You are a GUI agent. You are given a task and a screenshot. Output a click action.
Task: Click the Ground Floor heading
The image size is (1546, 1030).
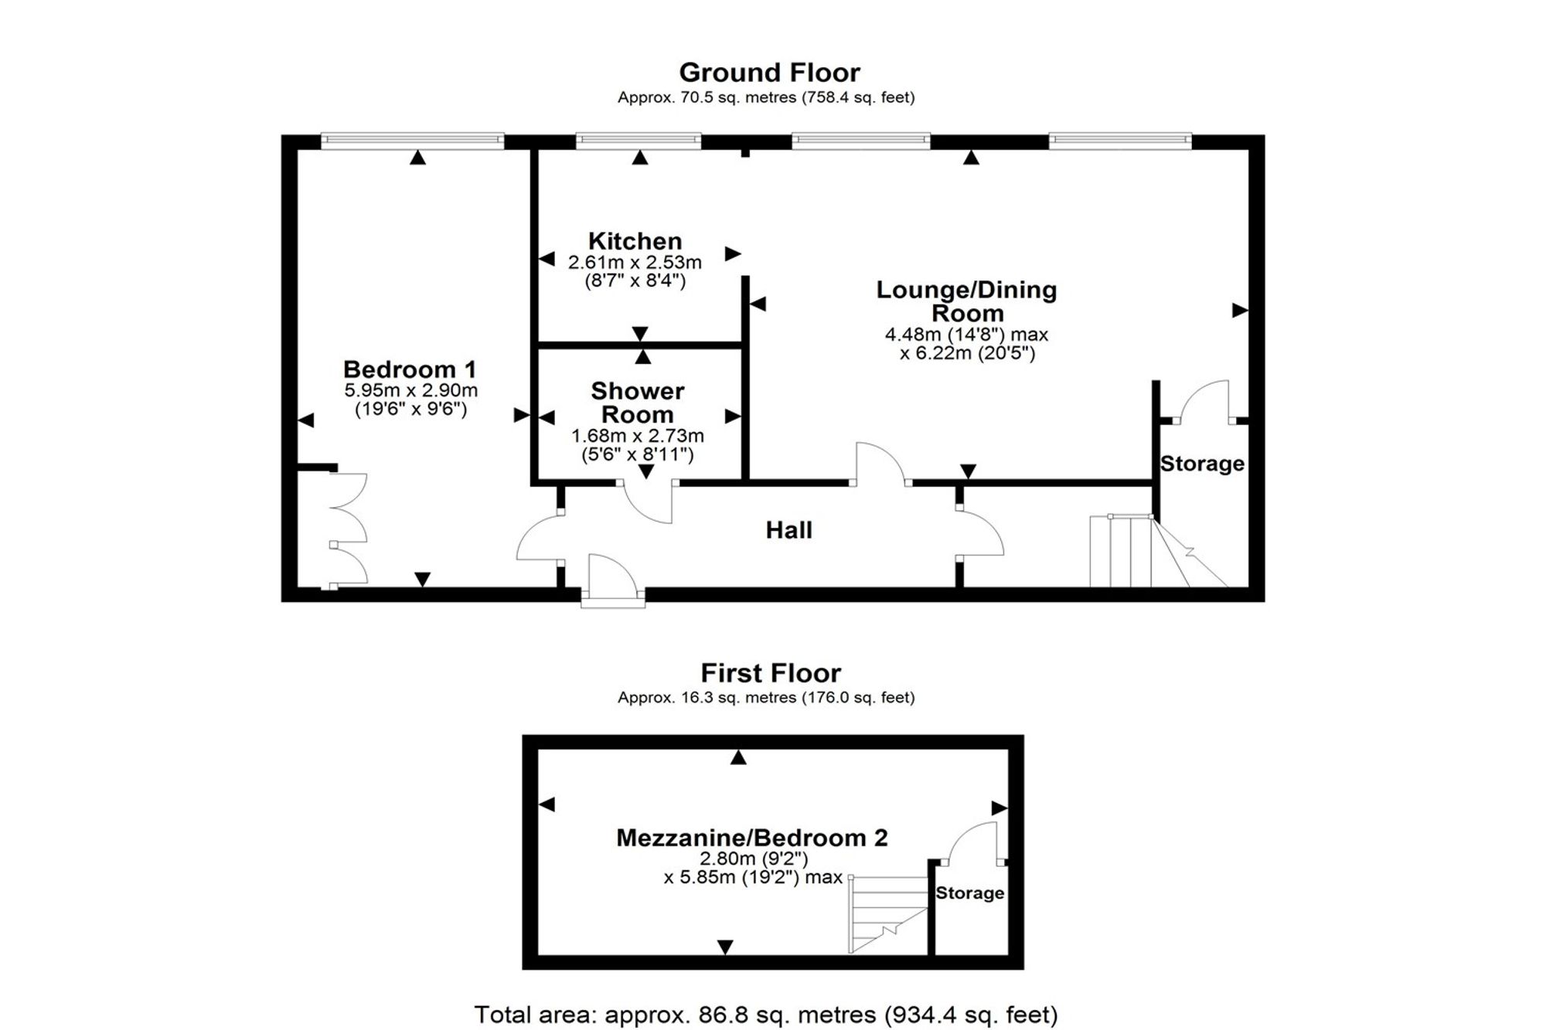tap(769, 73)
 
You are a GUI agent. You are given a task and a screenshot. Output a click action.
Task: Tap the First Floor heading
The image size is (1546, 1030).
tap(771, 673)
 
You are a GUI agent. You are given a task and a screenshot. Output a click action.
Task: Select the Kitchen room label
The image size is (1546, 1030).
tap(635, 241)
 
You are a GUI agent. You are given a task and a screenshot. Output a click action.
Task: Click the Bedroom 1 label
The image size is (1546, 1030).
tap(410, 369)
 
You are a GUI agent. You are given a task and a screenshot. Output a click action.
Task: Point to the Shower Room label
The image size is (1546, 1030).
tap(637, 403)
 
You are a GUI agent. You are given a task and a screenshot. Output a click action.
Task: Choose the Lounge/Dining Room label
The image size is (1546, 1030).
tap(966, 301)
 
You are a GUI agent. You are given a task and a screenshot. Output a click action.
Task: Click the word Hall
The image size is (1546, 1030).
tap(788, 530)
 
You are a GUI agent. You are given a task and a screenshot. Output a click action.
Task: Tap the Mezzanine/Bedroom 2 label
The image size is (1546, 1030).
tap(751, 838)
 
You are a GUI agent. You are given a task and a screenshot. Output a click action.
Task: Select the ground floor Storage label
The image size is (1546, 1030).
tap(1202, 464)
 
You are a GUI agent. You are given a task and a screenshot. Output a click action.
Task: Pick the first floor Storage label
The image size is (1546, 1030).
tap(969, 893)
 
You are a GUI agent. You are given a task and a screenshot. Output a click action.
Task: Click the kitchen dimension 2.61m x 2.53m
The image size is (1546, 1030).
tap(635, 263)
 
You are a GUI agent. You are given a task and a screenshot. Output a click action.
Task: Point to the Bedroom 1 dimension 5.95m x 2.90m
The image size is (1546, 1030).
tap(410, 391)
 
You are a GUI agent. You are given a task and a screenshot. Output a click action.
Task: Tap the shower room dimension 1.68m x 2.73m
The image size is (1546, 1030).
tap(637, 437)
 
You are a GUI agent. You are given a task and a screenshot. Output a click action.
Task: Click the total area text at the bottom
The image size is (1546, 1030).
tap(765, 1014)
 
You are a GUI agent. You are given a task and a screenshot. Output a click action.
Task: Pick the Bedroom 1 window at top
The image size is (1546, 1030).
tap(412, 141)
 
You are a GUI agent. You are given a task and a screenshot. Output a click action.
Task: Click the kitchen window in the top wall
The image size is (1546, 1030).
tap(638, 141)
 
